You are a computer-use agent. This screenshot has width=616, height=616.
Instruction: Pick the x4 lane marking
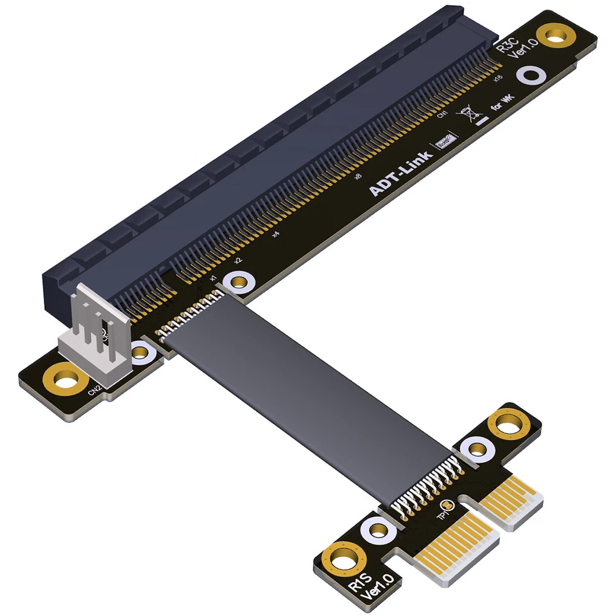275,234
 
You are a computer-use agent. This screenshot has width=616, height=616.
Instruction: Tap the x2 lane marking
237,261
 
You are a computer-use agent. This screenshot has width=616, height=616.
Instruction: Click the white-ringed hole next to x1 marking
240,282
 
